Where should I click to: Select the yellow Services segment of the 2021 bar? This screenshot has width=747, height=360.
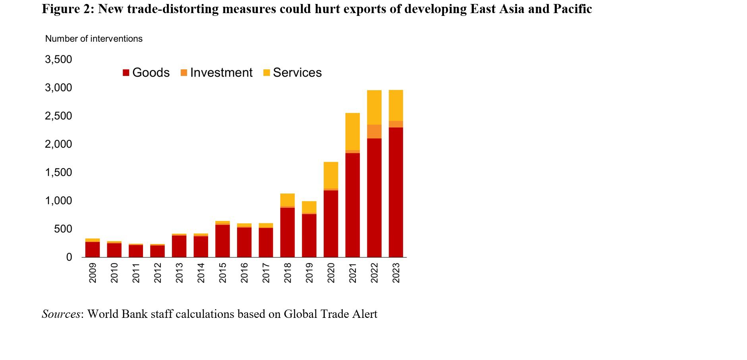352,131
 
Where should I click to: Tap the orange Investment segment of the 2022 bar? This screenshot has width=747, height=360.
374,131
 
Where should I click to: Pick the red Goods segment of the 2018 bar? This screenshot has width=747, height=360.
287,232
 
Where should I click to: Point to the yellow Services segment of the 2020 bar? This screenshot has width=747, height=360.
330,175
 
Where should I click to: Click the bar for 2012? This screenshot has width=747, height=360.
157,251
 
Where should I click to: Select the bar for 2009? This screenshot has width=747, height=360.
92,249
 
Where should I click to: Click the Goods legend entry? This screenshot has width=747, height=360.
146,73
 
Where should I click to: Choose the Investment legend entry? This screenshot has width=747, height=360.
216,73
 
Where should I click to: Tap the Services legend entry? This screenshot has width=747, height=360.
292,73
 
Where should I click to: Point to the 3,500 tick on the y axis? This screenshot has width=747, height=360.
59,60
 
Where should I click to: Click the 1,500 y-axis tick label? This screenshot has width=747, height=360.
59,172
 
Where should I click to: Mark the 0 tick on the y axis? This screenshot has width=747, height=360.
69,257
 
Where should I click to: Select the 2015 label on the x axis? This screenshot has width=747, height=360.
222,273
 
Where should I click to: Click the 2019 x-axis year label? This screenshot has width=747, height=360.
309,273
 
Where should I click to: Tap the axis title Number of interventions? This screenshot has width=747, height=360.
94,39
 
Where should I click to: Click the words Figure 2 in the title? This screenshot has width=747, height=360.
66,9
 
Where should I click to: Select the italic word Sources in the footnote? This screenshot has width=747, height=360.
61,314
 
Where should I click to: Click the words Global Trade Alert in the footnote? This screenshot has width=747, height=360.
330,314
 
